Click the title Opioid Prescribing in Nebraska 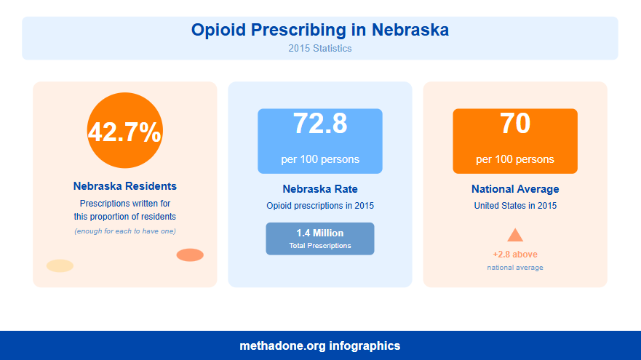[x=320, y=30]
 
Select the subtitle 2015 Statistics [x=320, y=49]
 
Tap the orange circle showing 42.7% [x=125, y=131]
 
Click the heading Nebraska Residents [x=125, y=186]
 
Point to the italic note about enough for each [x=125, y=231]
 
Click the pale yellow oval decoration [x=60, y=265]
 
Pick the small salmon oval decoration [x=190, y=255]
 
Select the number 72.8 [x=320, y=124]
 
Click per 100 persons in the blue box [x=320, y=159]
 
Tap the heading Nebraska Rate [x=320, y=189]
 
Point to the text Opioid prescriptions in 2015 [x=320, y=206]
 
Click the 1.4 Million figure [x=320, y=233]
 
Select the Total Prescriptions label [x=320, y=246]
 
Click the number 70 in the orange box [x=515, y=124]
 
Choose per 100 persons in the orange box [x=515, y=159]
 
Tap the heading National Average [x=515, y=189]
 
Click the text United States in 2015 [x=515, y=206]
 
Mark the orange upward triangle [x=515, y=235]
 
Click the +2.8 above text [x=515, y=255]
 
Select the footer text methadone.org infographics [x=320, y=346]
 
